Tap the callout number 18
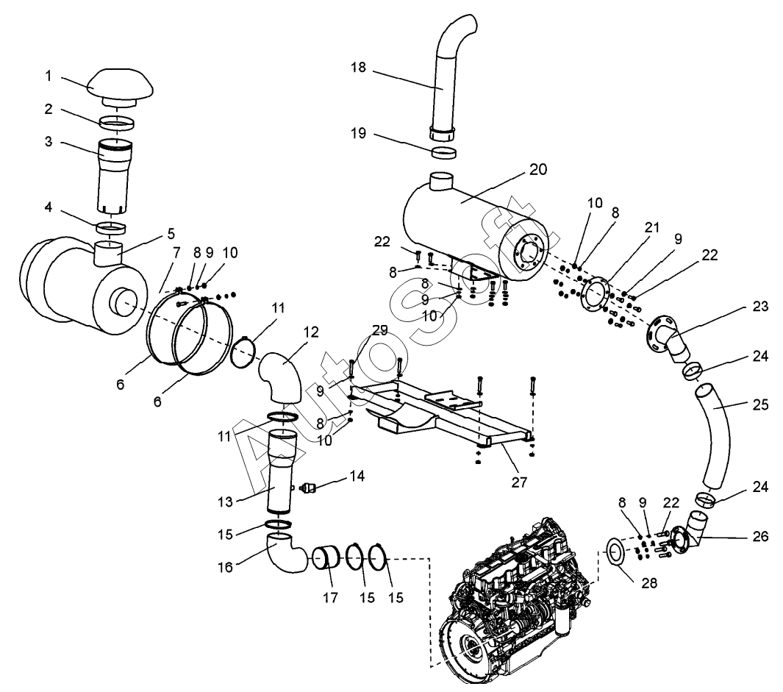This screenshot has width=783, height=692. (x=358, y=67)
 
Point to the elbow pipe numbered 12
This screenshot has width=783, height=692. (x=281, y=376)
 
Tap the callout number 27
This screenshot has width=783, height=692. (x=519, y=482)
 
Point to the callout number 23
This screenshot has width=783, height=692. (x=760, y=306)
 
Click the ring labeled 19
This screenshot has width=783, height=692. (x=443, y=153)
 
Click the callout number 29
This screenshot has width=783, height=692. (x=379, y=331)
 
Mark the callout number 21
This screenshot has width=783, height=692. (x=651, y=227)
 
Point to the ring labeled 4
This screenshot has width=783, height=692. (x=111, y=228)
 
